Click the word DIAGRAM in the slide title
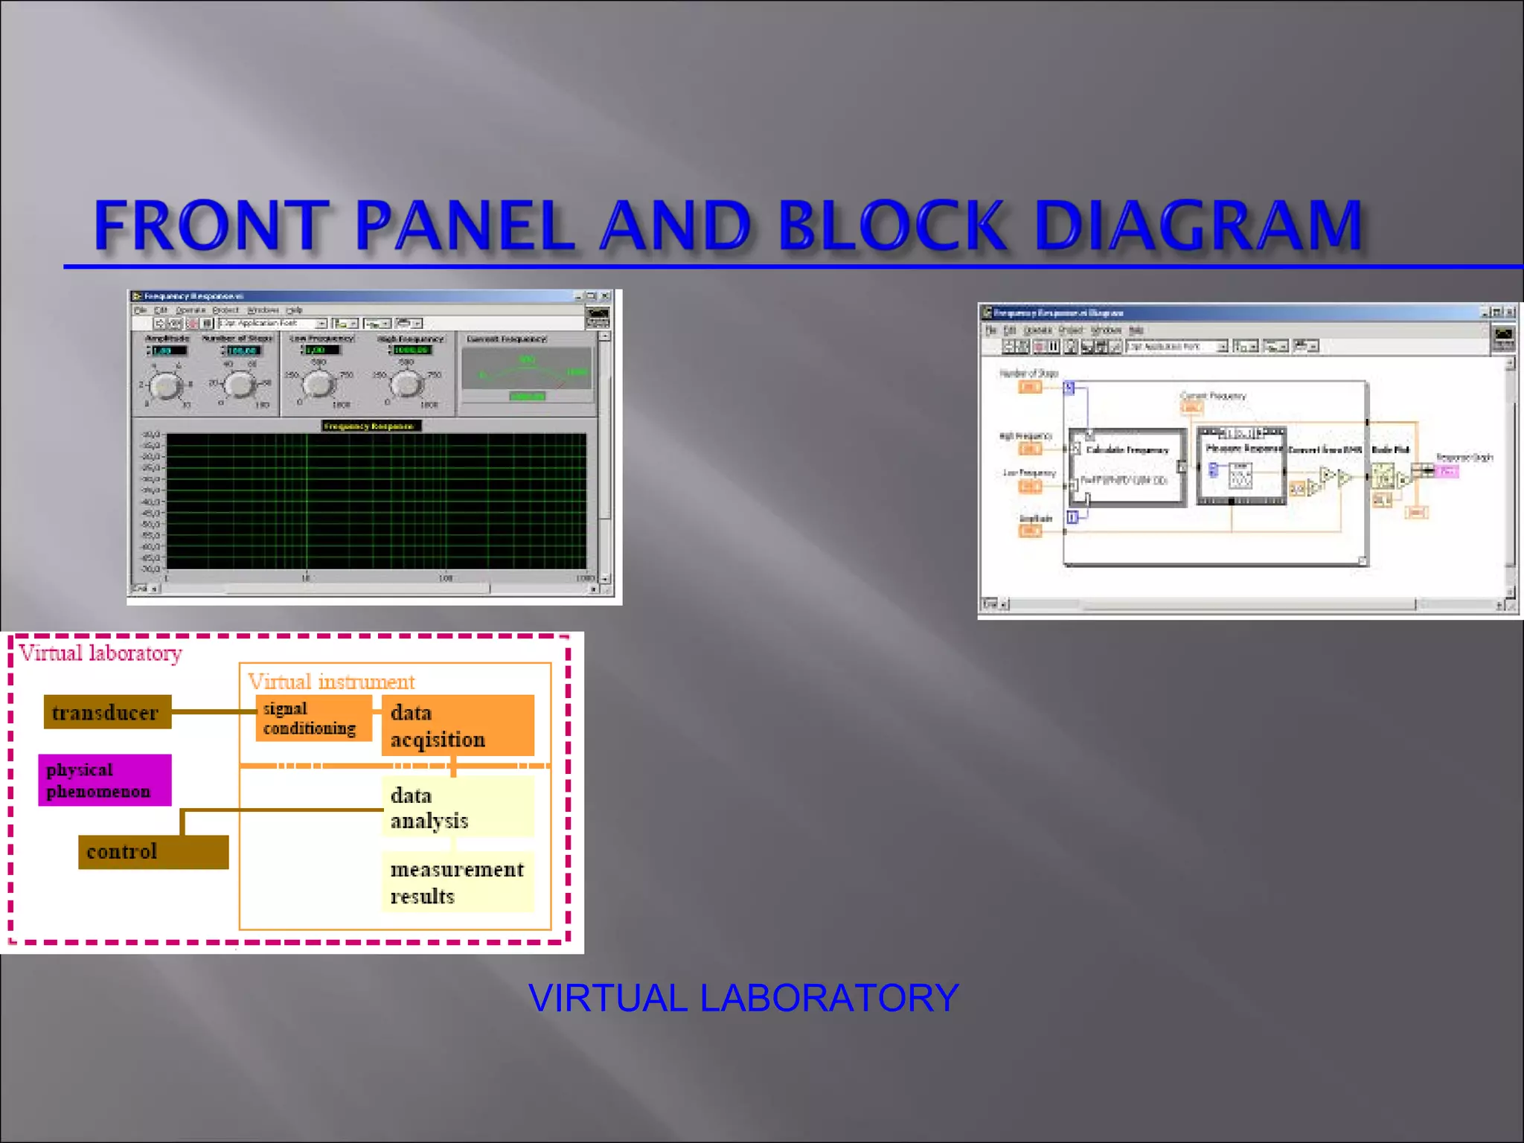pos(1198,225)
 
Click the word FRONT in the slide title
pos(211,225)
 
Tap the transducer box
pos(107,712)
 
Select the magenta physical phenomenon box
pos(104,780)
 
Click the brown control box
pos(153,851)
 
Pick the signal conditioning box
pos(313,718)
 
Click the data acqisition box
pos(457,726)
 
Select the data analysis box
pos(457,807)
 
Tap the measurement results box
pos(457,883)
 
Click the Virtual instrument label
pos(330,681)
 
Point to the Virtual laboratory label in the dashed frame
pos(100,653)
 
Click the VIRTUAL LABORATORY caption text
pos(743,998)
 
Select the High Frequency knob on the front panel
pos(406,384)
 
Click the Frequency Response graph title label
pos(370,426)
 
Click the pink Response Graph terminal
pos(1446,471)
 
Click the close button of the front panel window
pos(606,296)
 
